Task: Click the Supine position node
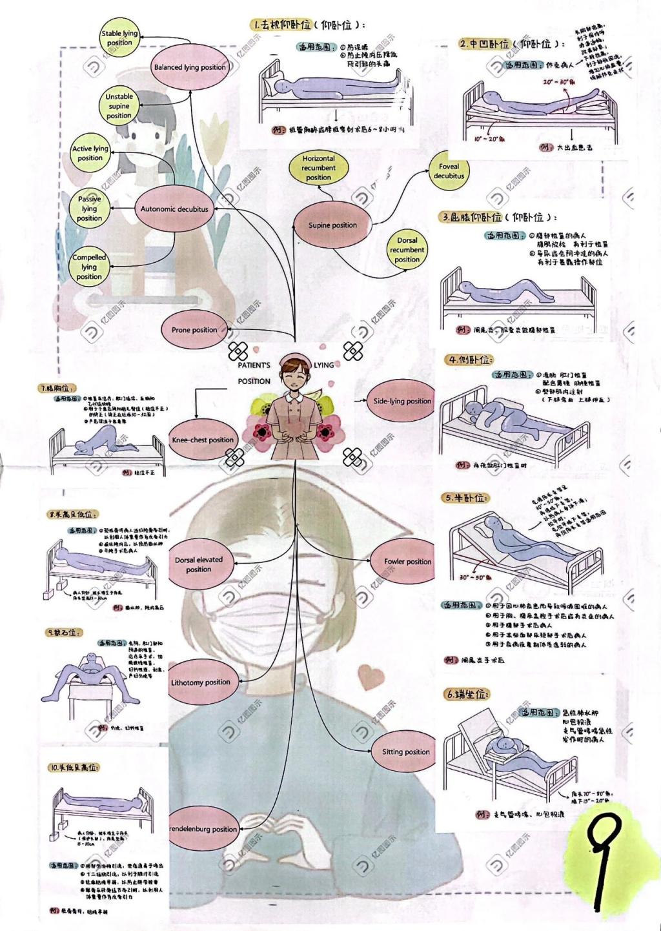[332, 225]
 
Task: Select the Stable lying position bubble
[119, 38]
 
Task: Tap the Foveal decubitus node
[449, 171]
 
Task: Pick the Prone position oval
[194, 330]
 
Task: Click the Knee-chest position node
[203, 440]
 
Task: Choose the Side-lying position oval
[402, 401]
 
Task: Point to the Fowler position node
[407, 562]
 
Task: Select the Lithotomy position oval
[200, 682]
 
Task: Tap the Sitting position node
[405, 752]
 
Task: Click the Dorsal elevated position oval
[199, 564]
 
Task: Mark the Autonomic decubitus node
[174, 209]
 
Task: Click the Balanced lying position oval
[190, 67]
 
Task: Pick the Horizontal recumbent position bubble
[318, 168]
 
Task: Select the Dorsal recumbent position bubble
[407, 250]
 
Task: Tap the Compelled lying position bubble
[89, 267]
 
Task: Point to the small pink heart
[371, 676]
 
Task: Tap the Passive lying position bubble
[89, 209]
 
